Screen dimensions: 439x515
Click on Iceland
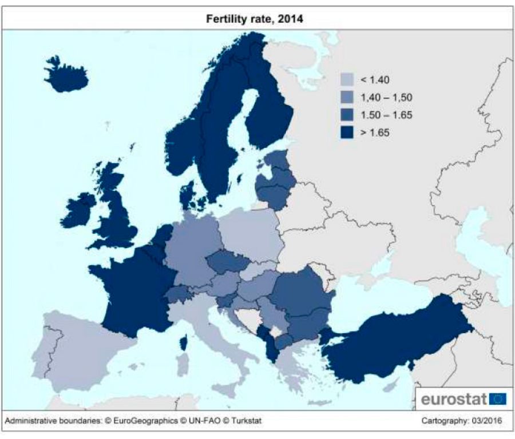coord(66,75)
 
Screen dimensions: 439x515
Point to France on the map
coord(134,292)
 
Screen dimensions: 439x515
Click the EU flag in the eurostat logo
coord(498,399)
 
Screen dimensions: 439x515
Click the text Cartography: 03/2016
coord(462,421)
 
